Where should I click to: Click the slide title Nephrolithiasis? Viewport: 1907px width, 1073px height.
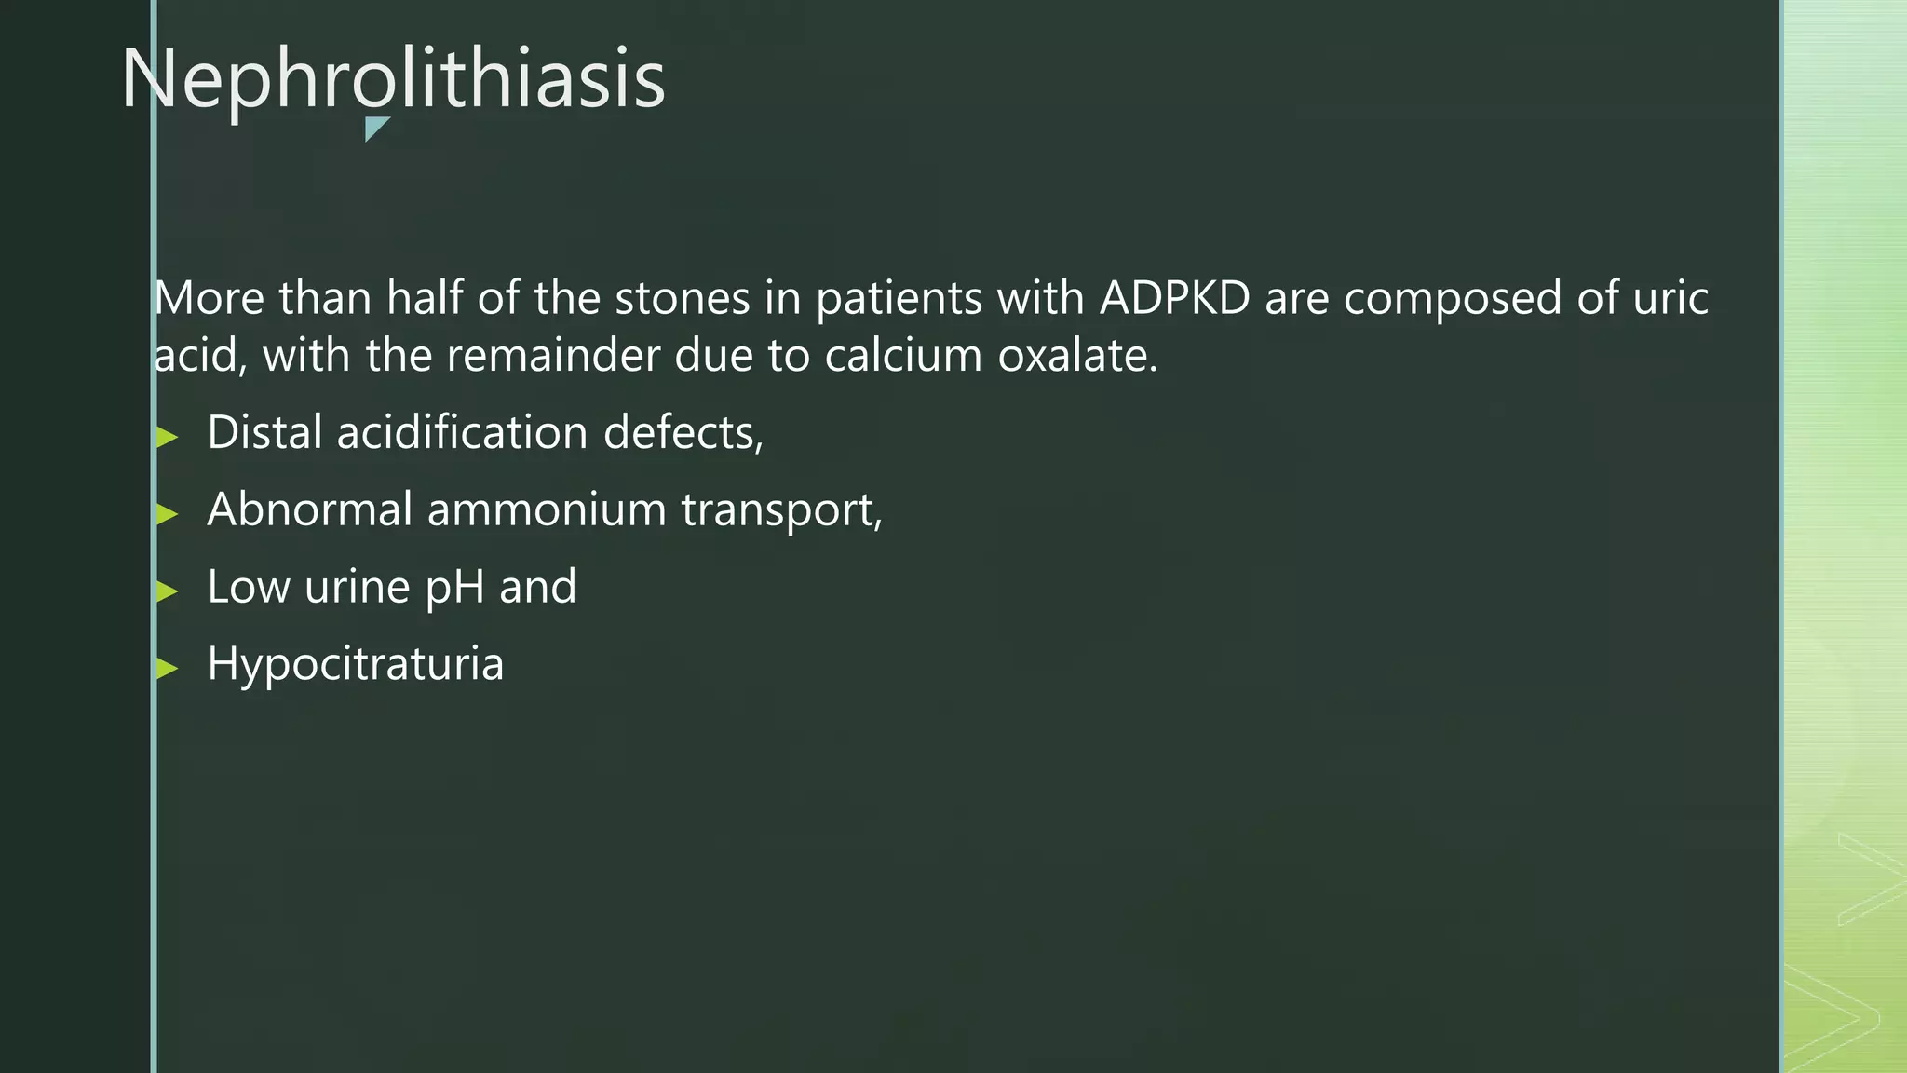(x=393, y=78)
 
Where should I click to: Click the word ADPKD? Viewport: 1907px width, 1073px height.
(x=1174, y=298)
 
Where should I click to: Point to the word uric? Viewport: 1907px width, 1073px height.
(x=1670, y=298)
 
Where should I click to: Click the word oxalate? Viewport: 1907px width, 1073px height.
(x=1077, y=356)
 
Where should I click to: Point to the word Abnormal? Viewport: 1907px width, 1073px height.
(x=310, y=509)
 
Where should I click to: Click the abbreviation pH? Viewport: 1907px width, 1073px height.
(x=454, y=588)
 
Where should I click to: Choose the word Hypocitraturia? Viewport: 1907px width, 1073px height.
(x=355, y=664)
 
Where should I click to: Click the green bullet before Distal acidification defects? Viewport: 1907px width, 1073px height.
(x=168, y=437)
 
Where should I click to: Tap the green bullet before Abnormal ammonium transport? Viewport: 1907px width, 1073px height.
(x=168, y=513)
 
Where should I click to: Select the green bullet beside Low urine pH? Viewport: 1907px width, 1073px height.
(x=168, y=591)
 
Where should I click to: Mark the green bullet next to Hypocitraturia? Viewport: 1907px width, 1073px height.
(x=168, y=668)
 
